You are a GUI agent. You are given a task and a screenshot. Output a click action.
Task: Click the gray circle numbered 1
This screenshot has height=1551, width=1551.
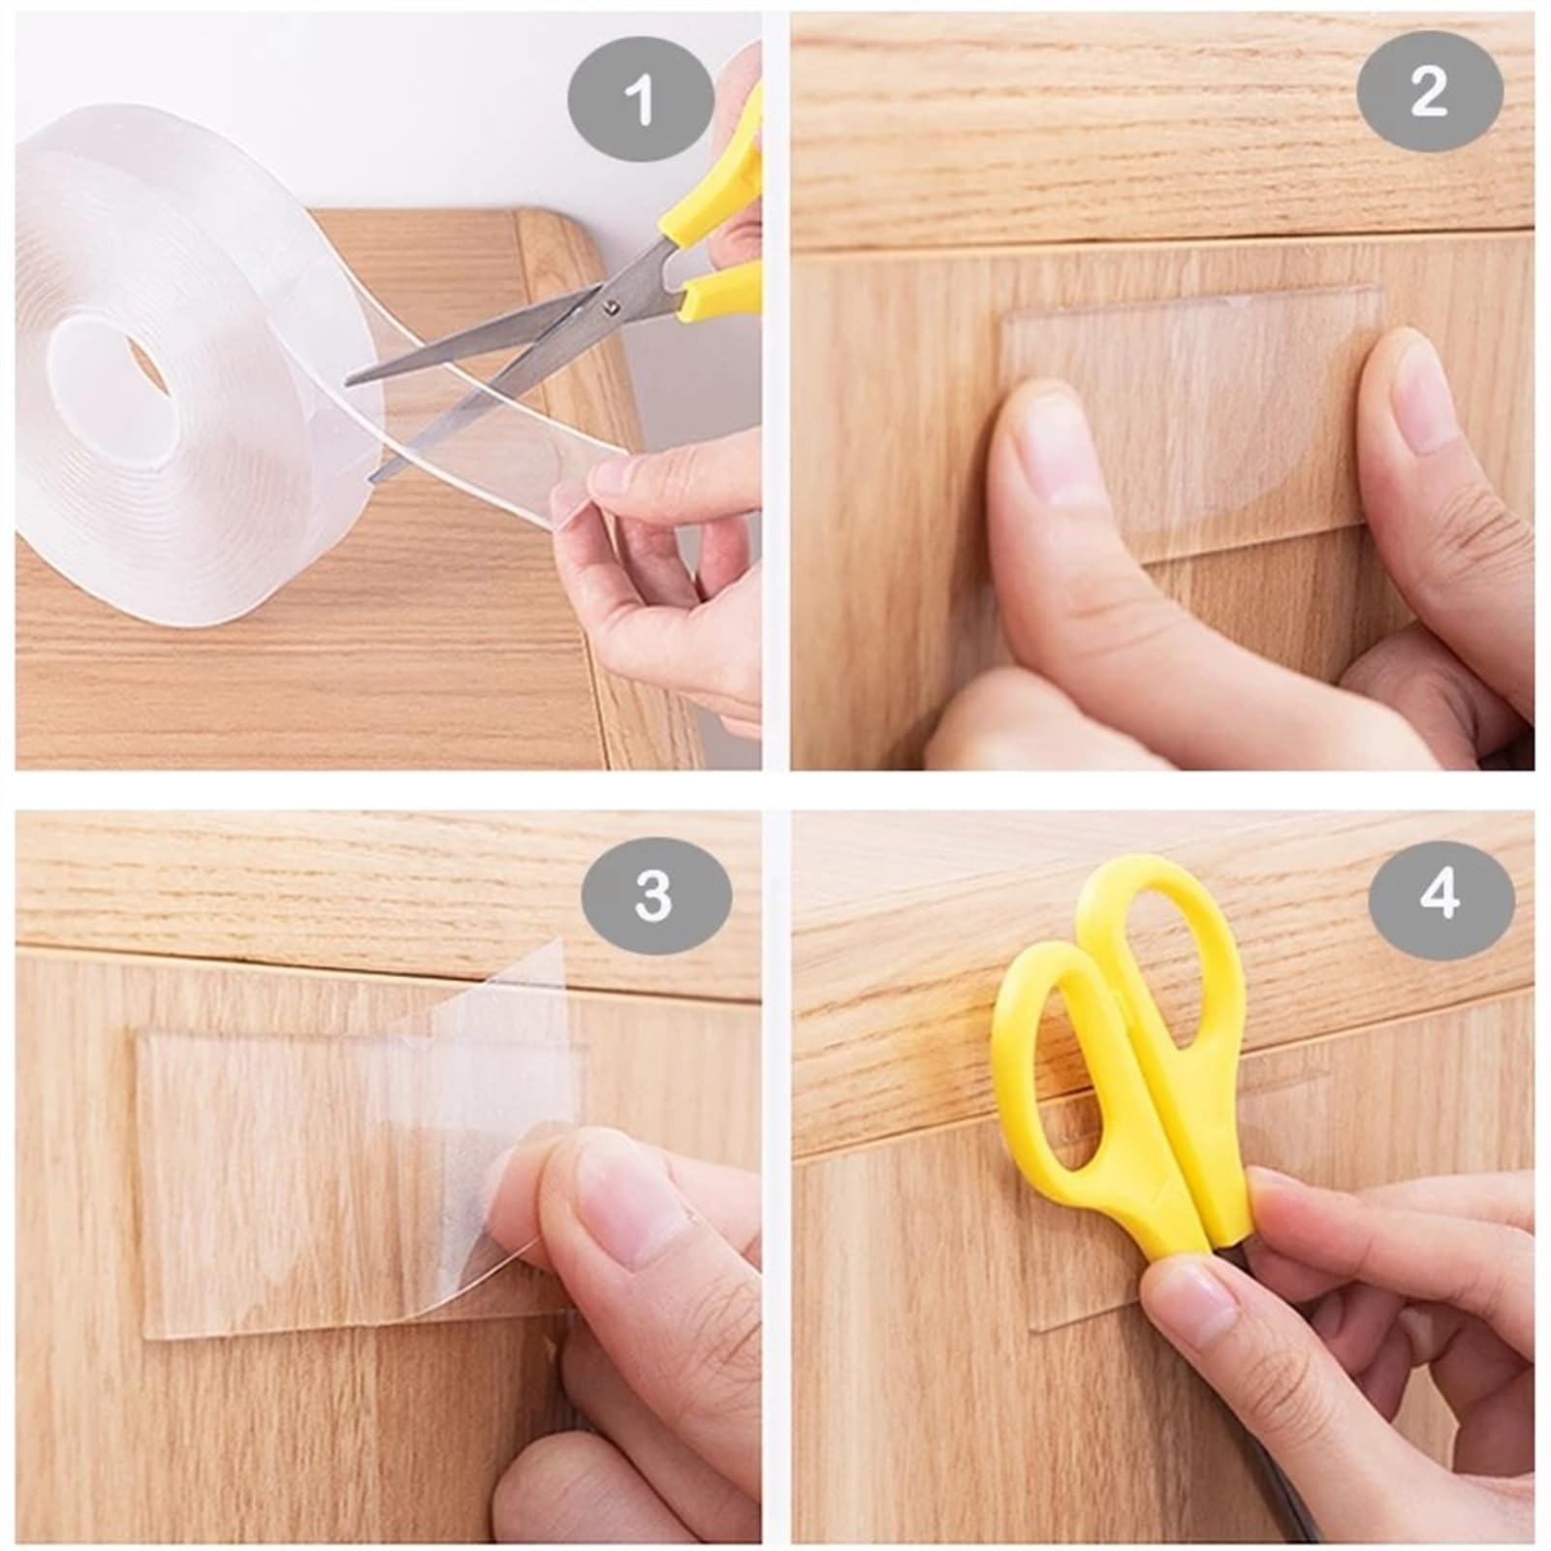(x=640, y=102)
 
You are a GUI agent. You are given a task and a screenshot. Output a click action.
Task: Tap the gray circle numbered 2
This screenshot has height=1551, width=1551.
(x=1429, y=93)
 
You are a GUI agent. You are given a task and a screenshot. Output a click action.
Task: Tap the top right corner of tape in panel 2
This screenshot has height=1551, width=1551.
(x=1377, y=290)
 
